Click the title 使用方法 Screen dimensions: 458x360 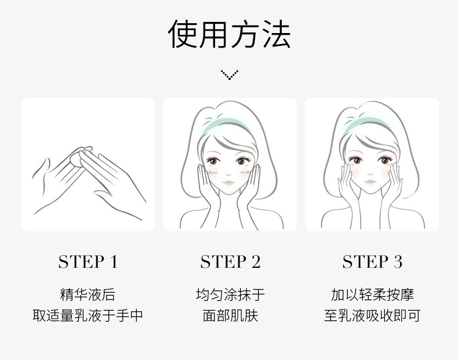coord(230,34)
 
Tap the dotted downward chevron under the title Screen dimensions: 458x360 coord(230,75)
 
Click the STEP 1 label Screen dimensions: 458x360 coord(88,261)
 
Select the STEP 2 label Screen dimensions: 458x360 coord(230,261)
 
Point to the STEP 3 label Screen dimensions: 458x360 coord(372,261)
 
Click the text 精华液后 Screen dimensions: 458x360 coord(88,294)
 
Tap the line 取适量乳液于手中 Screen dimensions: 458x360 coord(88,315)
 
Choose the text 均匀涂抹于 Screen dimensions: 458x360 coord(230,294)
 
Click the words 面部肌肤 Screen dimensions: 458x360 coord(230,315)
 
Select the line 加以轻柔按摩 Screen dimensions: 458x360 coord(372,294)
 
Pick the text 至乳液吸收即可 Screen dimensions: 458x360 coord(372,315)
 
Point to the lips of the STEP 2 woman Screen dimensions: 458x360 coord(228,183)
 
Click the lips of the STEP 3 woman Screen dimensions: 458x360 coord(370,181)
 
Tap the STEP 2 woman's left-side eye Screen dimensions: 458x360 coord(213,161)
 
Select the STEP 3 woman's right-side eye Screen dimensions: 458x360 coord(385,161)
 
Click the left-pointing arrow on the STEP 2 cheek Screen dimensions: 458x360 coord(212,173)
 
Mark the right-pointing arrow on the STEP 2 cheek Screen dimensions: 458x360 coord(245,172)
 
